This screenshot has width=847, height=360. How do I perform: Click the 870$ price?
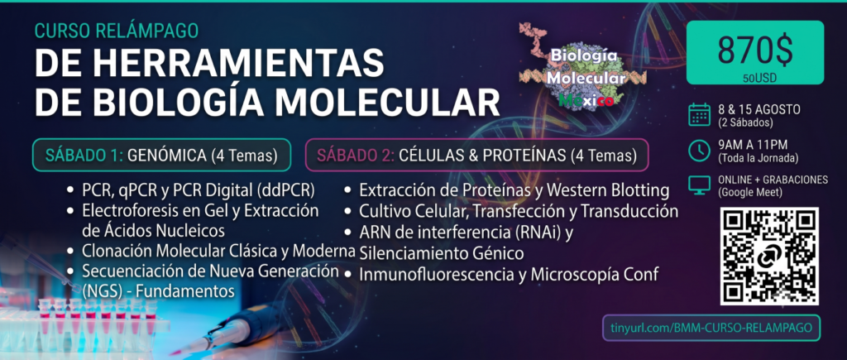click(x=755, y=50)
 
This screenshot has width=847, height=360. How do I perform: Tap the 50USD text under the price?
click(x=755, y=79)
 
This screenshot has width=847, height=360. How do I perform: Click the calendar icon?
click(x=699, y=115)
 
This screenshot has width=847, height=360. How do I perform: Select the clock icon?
click(x=699, y=151)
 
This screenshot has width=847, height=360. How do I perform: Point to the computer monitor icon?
click(x=699, y=185)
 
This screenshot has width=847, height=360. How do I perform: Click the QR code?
click(x=768, y=256)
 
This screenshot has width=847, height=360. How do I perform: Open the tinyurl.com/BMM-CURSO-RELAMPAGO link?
click(x=711, y=328)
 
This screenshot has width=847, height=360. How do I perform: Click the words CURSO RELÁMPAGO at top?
click(x=116, y=31)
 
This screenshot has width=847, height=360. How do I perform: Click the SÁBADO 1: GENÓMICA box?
click(x=161, y=155)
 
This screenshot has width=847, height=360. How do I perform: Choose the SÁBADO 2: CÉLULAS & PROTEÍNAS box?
click(x=476, y=155)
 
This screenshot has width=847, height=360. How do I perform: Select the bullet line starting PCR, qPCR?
click(x=192, y=191)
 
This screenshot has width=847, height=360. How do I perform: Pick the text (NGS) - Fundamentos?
click(x=158, y=291)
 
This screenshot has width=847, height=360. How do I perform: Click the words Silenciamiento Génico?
click(x=442, y=253)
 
